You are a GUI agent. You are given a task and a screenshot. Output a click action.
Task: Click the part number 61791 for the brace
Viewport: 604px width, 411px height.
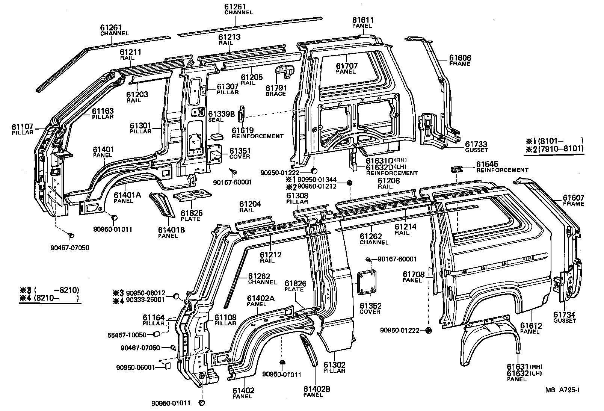[x=276, y=88]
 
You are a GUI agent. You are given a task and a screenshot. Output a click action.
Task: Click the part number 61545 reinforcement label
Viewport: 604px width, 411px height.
[x=487, y=164]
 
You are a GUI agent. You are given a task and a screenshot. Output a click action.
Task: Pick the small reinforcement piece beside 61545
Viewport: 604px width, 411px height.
[x=456, y=169]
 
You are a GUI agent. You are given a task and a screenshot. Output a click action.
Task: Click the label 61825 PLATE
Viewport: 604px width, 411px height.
[x=192, y=213]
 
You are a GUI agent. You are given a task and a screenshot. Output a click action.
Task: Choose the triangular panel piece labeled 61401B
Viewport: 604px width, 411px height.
[x=163, y=205]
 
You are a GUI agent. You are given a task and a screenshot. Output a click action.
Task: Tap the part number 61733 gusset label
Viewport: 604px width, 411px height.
[x=476, y=144]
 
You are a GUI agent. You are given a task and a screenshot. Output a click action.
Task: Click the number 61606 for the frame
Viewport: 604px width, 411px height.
[x=460, y=58]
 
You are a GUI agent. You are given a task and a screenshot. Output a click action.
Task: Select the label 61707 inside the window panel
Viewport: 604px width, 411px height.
[x=346, y=66]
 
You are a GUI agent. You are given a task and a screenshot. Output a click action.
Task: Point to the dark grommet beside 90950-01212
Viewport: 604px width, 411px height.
[x=349, y=183]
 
